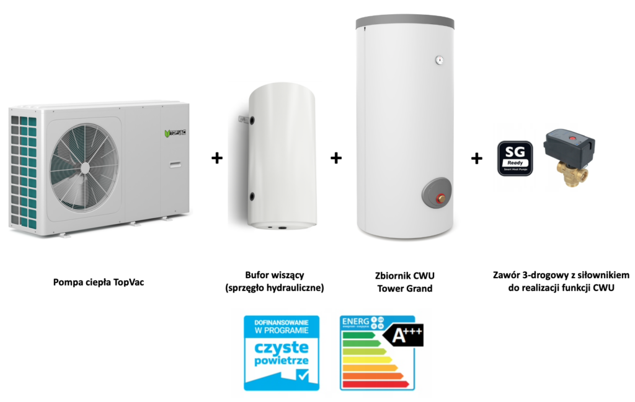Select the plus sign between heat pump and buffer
[216, 158]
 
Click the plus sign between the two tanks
[335, 158]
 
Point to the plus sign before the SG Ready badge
[476, 158]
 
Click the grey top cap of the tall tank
[404, 22]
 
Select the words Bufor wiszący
[274, 276]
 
